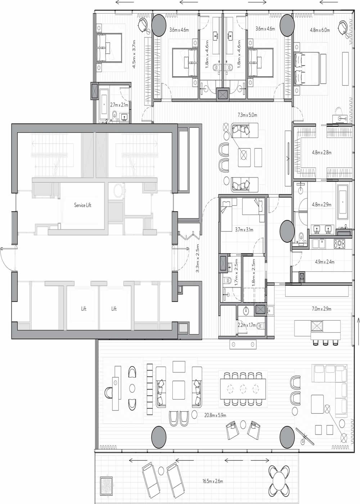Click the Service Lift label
point(82,205)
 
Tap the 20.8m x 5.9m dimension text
point(215,415)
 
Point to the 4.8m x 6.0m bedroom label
point(320,30)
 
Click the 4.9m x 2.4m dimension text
point(324,262)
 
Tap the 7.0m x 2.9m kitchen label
point(321,309)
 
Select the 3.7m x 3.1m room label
point(244,229)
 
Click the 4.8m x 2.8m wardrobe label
point(321,152)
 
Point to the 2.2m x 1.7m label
point(247,325)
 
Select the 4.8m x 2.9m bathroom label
point(321,204)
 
